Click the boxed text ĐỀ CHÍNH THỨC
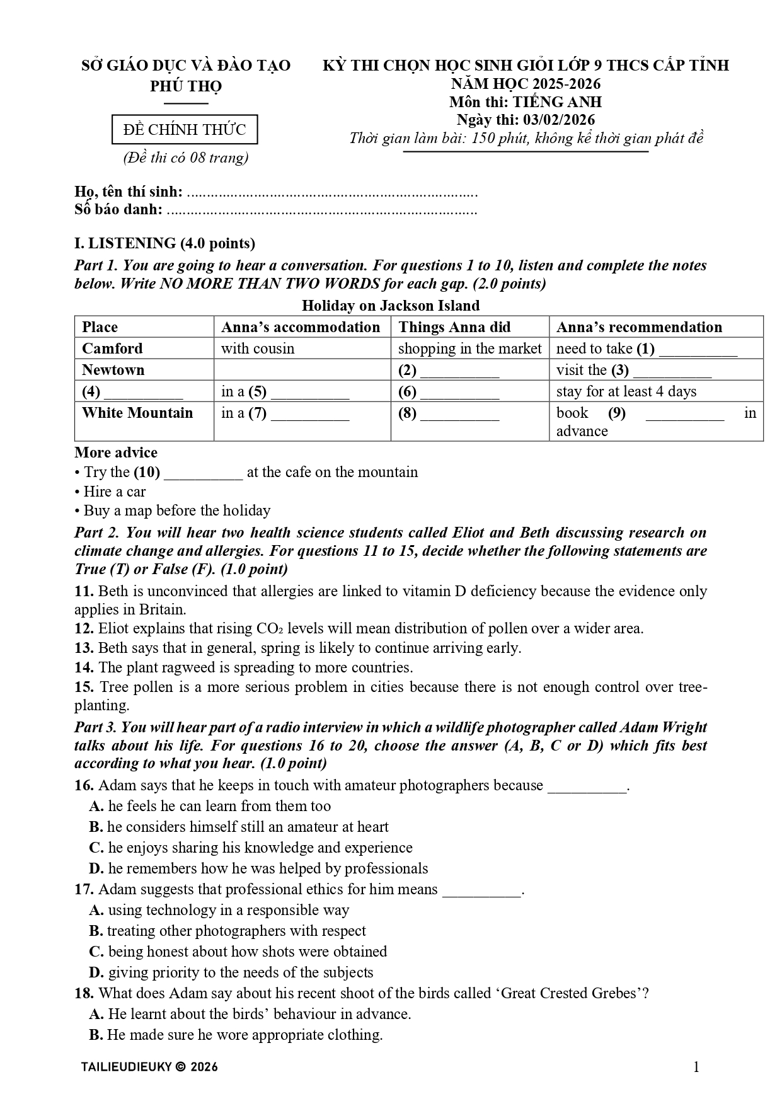185,130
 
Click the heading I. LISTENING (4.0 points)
164,243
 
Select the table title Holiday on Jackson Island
391,306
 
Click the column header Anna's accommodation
301,327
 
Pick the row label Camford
113,349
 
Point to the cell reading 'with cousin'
258,349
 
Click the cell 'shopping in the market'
469,349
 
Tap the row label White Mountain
137,413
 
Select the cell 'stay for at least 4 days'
626,391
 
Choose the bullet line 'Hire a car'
114,492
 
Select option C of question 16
251,848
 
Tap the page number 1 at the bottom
696,1066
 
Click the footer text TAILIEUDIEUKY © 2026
149,1067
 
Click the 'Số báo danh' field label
118,210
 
